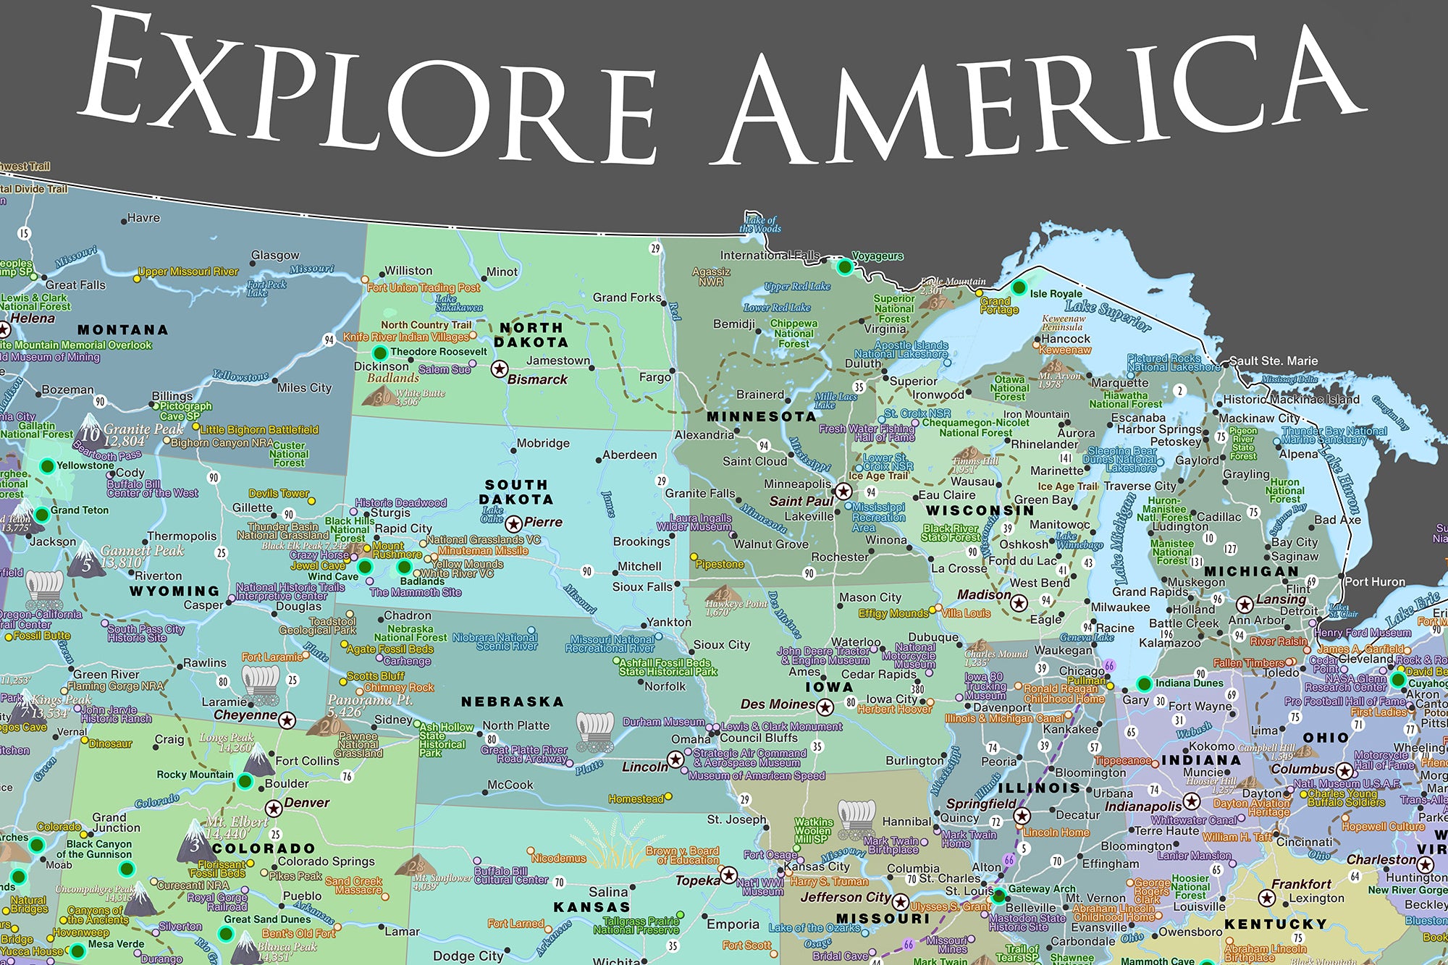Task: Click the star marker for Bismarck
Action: click(499, 369)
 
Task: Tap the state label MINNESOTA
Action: click(762, 417)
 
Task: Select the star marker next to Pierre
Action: click(513, 523)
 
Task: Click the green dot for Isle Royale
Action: click(1019, 288)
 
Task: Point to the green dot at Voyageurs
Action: click(844, 267)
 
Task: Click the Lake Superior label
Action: click(1108, 316)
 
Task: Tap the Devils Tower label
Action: click(279, 493)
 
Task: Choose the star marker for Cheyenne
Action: click(287, 720)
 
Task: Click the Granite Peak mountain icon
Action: click(90, 427)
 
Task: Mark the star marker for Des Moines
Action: click(825, 707)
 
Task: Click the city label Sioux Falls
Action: click(642, 587)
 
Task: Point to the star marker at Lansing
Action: click(1245, 604)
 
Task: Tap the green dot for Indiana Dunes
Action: click(1144, 683)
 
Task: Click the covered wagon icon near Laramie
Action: click(261, 684)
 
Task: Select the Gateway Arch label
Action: click(1042, 889)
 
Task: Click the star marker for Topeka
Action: click(729, 875)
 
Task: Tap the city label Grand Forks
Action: click(627, 298)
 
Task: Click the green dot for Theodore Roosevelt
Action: click(379, 353)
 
